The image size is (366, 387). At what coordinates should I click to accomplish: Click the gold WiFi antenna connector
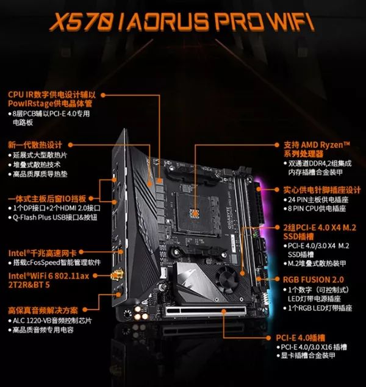117,275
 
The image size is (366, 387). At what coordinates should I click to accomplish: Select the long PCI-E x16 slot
206,311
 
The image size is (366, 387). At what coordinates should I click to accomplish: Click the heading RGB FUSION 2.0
313,280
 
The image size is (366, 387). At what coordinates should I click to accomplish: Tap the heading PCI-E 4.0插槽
300,338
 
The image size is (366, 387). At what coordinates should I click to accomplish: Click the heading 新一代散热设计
35,145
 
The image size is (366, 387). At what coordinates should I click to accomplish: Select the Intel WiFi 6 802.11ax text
49,275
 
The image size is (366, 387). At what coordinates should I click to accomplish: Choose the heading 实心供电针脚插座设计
322,190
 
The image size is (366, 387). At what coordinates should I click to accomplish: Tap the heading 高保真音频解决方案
43,310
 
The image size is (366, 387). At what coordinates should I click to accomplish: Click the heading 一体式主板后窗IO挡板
47,199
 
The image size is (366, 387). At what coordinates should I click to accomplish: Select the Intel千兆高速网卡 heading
42,253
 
